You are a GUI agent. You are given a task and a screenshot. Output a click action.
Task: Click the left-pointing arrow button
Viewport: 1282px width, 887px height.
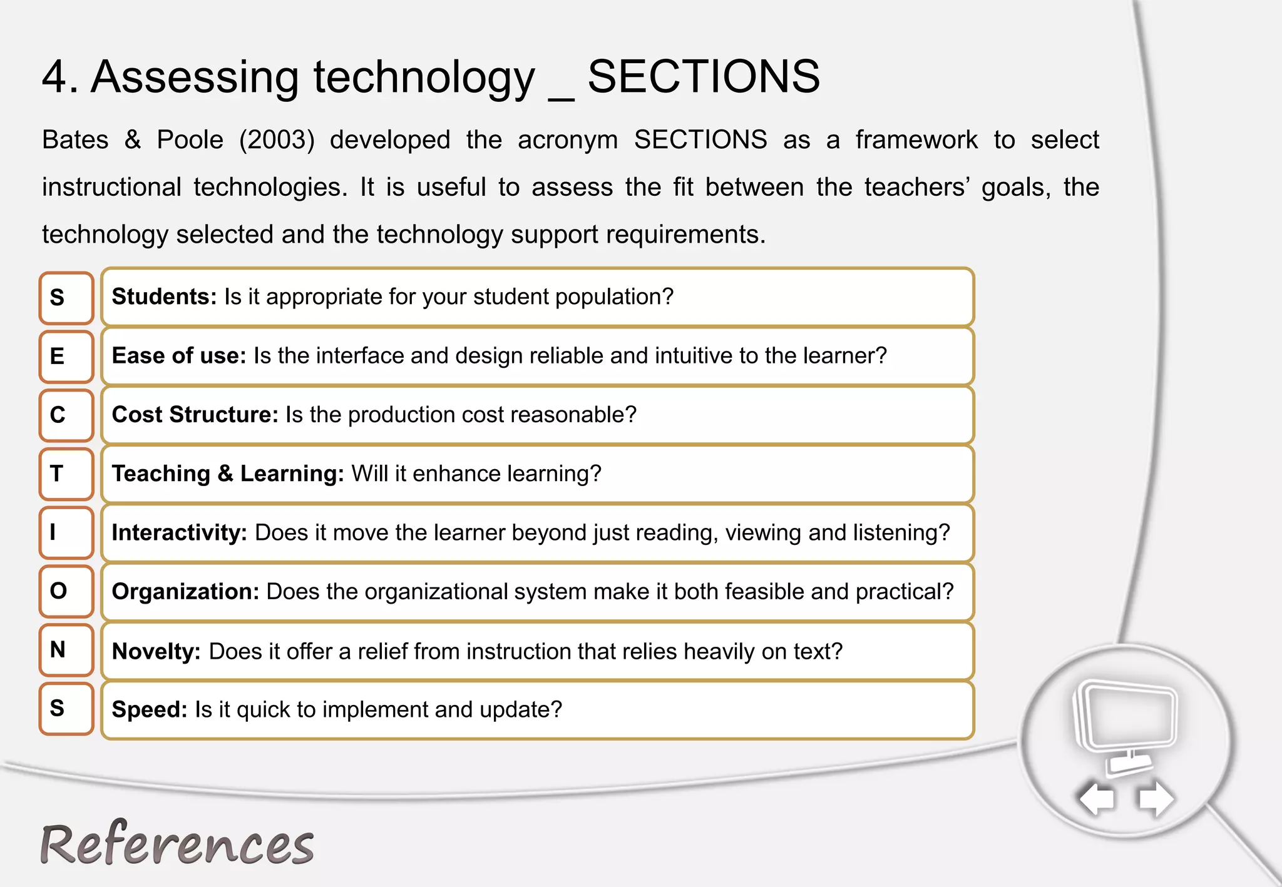[1097, 799]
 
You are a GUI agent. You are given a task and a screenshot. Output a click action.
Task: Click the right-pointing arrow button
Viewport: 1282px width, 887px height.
[1156, 799]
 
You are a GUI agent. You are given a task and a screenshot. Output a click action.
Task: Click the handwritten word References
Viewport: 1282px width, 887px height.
[177, 844]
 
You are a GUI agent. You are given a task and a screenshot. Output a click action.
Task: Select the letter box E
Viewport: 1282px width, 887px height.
[66, 357]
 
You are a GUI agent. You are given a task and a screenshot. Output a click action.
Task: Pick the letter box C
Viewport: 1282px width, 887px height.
[66, 415]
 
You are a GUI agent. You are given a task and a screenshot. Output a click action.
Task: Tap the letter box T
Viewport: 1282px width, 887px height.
[66, 474]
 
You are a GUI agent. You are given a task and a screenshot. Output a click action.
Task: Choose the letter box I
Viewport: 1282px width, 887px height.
[66, 533]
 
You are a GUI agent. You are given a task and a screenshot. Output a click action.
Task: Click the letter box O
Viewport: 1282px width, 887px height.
[66, 591]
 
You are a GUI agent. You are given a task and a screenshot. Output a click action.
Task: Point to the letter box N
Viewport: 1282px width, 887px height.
[66, 650]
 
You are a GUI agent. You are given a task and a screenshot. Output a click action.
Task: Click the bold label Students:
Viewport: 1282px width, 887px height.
[164, 297]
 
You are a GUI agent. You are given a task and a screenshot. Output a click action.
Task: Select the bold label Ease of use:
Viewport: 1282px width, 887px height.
[179, 356]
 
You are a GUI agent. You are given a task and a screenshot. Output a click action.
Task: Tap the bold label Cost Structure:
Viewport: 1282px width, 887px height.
[195, 415]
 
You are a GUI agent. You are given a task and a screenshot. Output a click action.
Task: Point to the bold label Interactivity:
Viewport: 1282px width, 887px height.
[180, 533]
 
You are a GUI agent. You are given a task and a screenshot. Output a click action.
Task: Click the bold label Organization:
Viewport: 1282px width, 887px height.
[185, 592]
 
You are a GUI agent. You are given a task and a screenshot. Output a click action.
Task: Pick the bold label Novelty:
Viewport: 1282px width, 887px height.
[156, 652]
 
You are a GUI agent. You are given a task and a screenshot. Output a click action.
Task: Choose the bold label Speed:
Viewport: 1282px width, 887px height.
[150, 710]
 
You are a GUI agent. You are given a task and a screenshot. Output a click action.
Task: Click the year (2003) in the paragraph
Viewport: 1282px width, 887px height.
[277, 140]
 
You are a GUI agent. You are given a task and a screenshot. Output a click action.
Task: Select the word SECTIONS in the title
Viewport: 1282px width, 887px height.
[704, 77]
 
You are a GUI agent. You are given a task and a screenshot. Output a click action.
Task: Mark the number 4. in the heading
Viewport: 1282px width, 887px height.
[60, 77]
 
